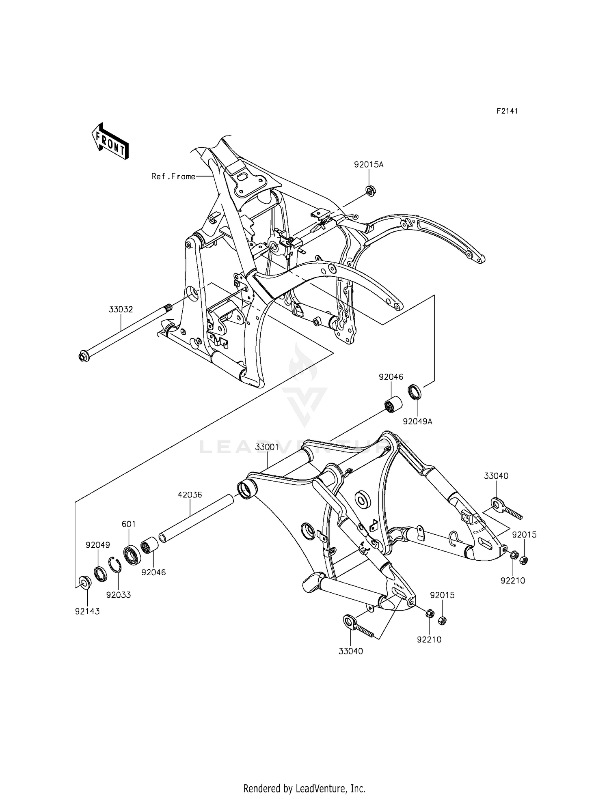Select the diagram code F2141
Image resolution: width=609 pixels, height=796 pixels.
click(x=507, y=111)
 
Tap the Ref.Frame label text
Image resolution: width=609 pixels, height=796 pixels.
click(x=173, y=176)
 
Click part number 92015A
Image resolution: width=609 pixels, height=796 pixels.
click(x=369, y=165)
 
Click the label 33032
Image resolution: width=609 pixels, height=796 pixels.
click(x=121, y=309)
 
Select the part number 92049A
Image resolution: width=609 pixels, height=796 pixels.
click(x=417, y=421)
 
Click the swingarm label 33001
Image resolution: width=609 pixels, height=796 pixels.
click(x=267, y=447)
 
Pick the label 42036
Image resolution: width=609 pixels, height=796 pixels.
click(x=190, y=495)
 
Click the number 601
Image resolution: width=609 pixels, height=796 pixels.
click(x=129, y=524)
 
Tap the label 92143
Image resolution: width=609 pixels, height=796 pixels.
click(x=87, y=611)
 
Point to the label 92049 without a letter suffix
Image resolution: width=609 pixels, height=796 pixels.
click(x=98, y=545)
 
